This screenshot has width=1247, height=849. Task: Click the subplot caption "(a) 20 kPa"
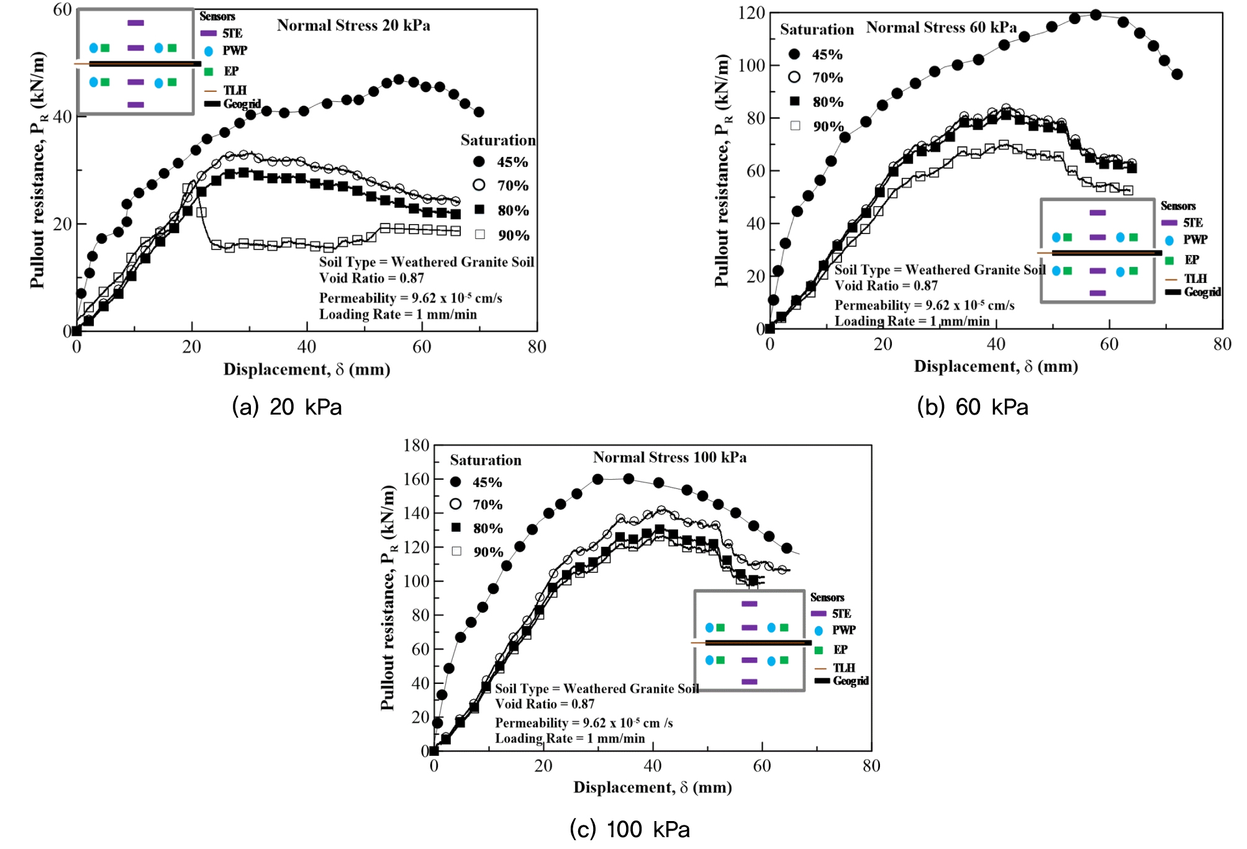(x=286, y=407)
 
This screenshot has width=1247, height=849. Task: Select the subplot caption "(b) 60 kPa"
(x=972, y=407)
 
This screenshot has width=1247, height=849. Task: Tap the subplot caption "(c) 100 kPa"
(x=629, y=829)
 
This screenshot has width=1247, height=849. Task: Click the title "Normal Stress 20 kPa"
(x=353, y=25)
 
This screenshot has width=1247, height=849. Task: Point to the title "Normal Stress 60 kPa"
(x=941, y=27)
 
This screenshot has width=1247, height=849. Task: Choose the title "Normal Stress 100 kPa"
(x=669, y=457)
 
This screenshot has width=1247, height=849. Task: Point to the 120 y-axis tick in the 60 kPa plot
(x=751, y=13)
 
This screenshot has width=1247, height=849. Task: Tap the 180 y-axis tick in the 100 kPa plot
(x=416, y=446)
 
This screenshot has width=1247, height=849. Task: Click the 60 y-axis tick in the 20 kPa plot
(x=62, y=10)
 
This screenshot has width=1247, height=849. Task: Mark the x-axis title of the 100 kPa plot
(x=652, y=788)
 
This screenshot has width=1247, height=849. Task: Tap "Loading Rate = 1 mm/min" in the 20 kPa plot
(x=398, y=315)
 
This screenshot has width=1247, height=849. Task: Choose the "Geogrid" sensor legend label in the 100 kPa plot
(x=851, y=681)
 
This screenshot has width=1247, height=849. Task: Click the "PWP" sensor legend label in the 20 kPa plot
(x=235, y=51)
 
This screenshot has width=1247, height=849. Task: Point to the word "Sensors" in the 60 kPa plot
(x=1177, y=206)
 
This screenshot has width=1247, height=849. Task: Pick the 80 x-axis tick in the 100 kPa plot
(x=871, y=766)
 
